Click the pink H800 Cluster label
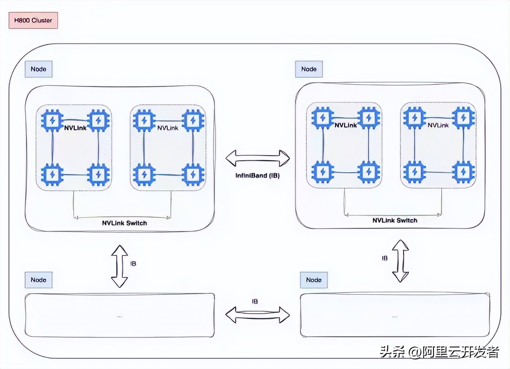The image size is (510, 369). [33, 21]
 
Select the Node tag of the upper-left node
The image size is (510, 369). [38, 69]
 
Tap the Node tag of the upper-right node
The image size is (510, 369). [309, 69]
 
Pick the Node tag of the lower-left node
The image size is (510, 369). [38, 280]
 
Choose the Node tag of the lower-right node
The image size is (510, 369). [314, 280]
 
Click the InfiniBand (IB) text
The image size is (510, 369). [257, 175]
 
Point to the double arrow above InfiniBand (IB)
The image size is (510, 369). [257, 158]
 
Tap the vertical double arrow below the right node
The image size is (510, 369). [400, 261]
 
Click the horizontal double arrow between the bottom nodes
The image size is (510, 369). [257, 314]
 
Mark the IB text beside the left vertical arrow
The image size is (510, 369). [133, 264]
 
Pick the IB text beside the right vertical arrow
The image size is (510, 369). [384, 258]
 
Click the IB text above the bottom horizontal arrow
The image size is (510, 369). [255, 302]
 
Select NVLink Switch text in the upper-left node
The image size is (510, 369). [124, 223]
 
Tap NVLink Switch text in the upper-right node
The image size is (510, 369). [395, 220]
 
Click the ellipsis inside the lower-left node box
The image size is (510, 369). [120, 316]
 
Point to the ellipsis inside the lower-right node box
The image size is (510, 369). [394, 316]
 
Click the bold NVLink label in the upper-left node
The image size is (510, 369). [75, 128]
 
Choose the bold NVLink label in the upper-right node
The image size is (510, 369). [345, 125]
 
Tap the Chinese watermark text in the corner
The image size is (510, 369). [439, 352]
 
